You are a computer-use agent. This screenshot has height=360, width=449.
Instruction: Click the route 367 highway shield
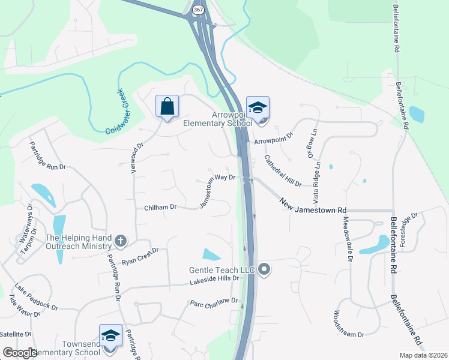tap(199, 10)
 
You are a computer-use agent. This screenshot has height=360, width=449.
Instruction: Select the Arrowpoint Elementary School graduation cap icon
tap(258, 108)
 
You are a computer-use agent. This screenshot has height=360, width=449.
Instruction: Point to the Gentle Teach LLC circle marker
tap(264, 271)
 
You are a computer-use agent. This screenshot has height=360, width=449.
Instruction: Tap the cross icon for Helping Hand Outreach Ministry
tap(121, 241)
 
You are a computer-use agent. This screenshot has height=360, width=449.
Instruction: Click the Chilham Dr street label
tap(160, 208)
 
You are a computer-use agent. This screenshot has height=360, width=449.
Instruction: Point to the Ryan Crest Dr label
tap(140, 256)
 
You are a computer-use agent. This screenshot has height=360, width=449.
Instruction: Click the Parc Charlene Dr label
tap(214, 302)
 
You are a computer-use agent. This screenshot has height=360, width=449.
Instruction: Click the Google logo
tap(20, 353)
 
